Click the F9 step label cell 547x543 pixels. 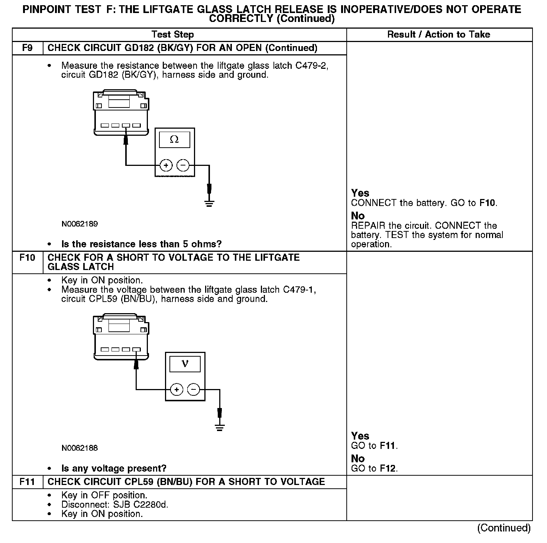pyautogui.click(x=27, y=48)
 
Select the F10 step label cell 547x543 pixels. pyautogui.click(x=27, y=258)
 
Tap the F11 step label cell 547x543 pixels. pyautogui.click(x=27, y=482)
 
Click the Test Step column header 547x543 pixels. pyautogui.click(x=173, y=35)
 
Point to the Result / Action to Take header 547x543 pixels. pyautogui.click(x=438, y=35)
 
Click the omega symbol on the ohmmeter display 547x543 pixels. pyautogui.click(x=174, y=139)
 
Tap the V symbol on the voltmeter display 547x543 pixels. pyautogui.click(x=185, y=364)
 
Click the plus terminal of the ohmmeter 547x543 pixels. pyautogui.click(x=166, y=165)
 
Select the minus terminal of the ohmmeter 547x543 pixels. pyautogui.click(x=182, y=165)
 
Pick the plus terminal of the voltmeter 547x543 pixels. pyautogui.click(x=177, y=390)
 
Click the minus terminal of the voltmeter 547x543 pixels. pyautogui.click(x=193, y=390)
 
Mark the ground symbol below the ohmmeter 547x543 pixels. pyautogui.click(x=209, y=203)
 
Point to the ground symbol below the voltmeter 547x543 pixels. pyautogui.click(x=220, y=427)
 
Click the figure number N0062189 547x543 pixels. pyautogui.click(x=80, y=224)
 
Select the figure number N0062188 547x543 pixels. pyautogui.click(x=80, y=448)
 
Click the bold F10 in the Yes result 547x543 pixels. pyautogui.click(x=488, y=203)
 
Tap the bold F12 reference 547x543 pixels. pyautogui.click(x=388, y=469)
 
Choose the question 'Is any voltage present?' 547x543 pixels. pyautogui.click(x=114, y=469)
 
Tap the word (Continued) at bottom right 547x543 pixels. pyautogui.click(x=504, y=528)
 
